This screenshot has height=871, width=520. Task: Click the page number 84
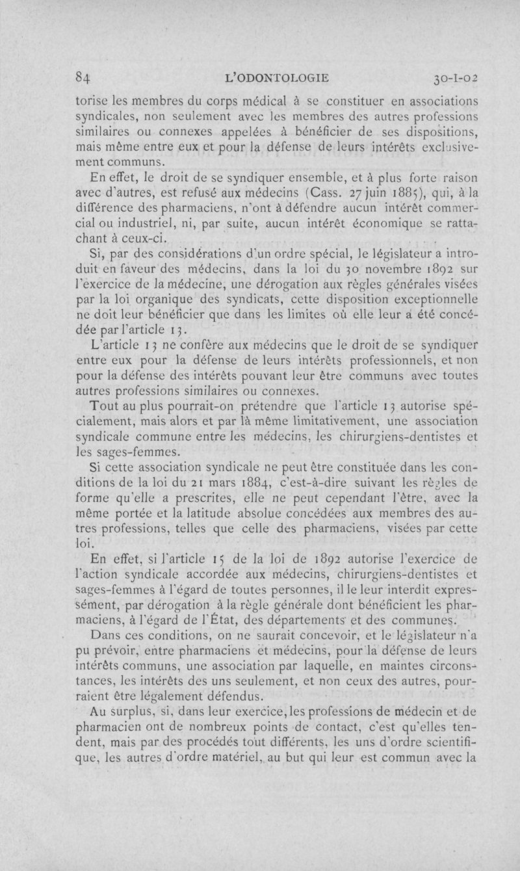tap(83, 78)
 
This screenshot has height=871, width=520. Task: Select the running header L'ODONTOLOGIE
tap(276, 78)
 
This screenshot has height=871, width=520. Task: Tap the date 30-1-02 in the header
tap(454, 78)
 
